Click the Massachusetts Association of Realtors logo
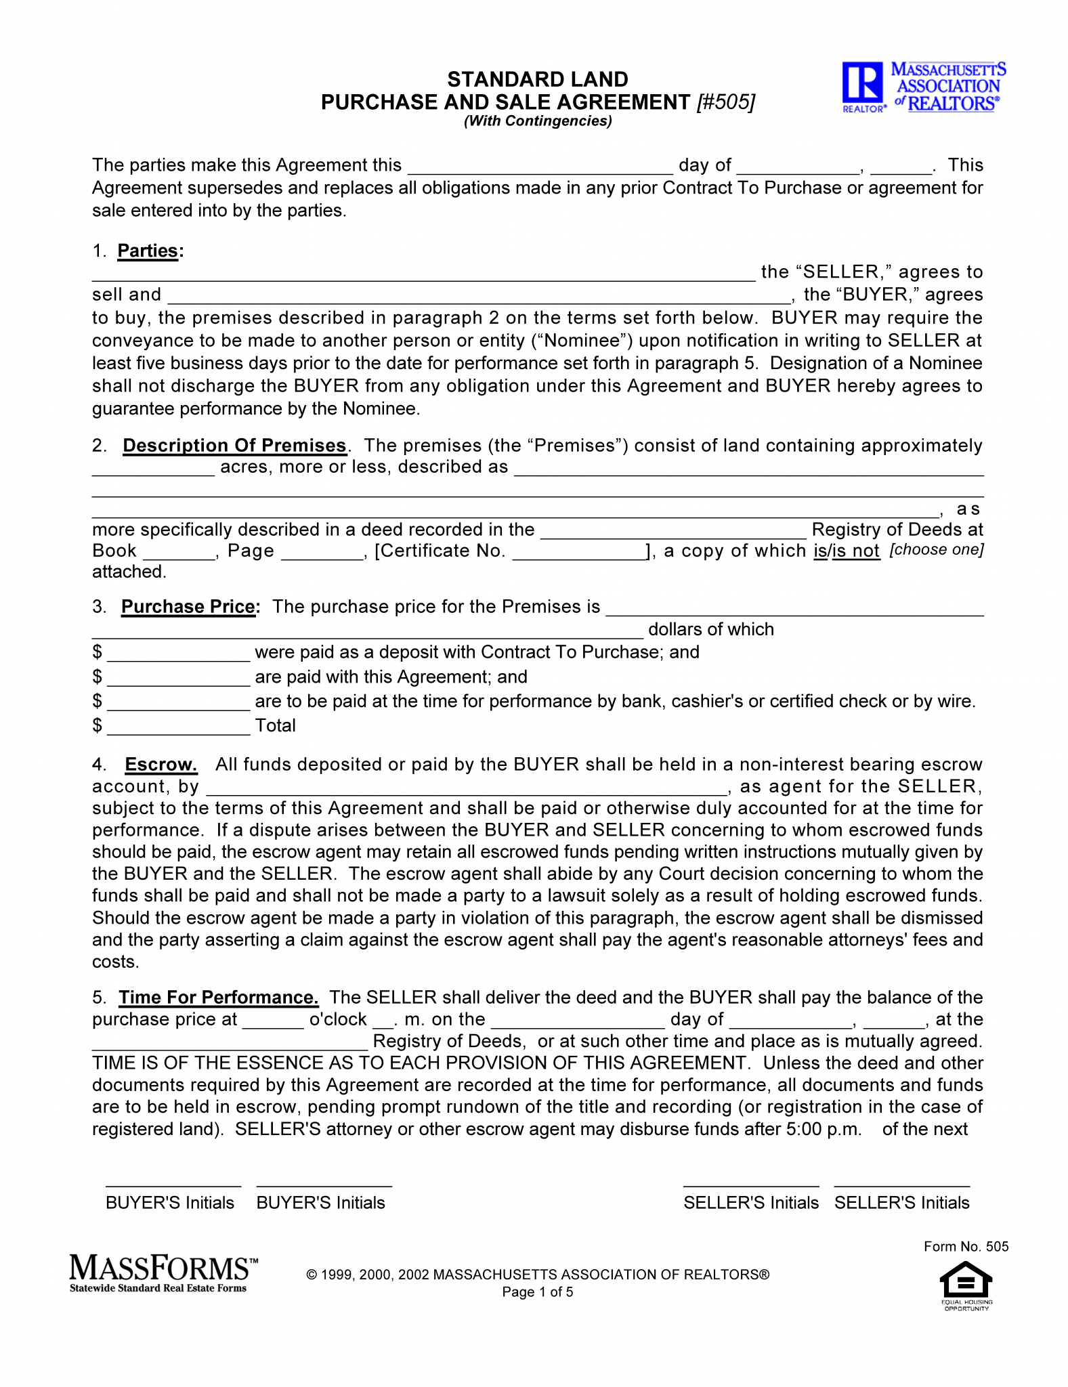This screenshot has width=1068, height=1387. (x=924, y=87)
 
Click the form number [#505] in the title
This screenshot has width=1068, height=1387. (x=725, y=102)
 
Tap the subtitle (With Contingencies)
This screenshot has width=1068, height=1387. (x=538, y=121)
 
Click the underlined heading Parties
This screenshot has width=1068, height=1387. (x=148, y=251)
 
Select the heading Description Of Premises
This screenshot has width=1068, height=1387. (x=234, y=446)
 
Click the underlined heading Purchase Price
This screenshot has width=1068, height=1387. (x=189, y=606)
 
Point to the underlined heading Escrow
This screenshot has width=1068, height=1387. (x=161, y=765)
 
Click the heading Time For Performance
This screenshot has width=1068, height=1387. (x=218, y=998)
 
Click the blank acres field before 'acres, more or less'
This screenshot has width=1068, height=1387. (x=153, y=469)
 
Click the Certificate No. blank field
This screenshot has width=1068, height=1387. (x=580, y=552)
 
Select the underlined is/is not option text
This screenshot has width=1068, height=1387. (x=847, y=551)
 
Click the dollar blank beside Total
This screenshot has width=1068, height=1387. (x=178, y=727)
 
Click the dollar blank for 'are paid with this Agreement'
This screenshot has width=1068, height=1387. (x=178, y=678)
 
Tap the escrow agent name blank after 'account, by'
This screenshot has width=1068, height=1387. (x=466, y=788)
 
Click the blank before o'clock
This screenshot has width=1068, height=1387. (x=273, y=1021)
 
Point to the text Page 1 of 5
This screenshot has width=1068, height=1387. (x=538, y=1292)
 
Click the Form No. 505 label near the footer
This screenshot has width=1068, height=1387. (x=966, y=1247)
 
